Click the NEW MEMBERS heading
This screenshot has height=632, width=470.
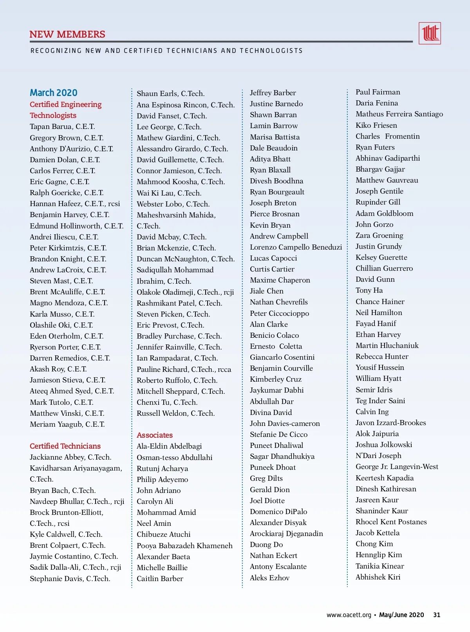click(x=67, y=34)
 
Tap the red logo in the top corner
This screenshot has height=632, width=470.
click(x=430, y=33)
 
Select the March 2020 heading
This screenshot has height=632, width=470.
click(x=54, y=93)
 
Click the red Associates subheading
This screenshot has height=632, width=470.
click(x=155, y=435)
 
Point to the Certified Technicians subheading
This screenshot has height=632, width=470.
click(x=65, y=446)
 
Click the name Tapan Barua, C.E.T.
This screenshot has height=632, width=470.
click(x=62, y=127)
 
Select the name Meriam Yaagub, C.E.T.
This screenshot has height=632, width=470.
click(x=67, y=424)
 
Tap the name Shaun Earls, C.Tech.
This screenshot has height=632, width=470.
click(x=170, y=94)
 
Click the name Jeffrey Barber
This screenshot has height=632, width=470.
click(x=273, y=93)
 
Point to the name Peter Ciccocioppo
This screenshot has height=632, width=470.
click(x=279, y=313)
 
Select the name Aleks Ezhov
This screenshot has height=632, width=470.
click(x=269, y=578)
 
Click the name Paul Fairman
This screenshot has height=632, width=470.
click(x=378, y=92)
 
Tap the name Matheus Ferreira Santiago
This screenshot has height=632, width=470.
click(x=399, y=114)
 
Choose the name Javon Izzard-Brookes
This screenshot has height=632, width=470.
click(x=390, y=422)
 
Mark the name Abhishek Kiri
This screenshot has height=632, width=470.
click(x=378, y=577)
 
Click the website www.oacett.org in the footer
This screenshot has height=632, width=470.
click(x=349, y=615)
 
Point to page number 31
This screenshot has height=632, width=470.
click(x=437, y=615)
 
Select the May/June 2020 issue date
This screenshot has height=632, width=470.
click(x=401, y=615)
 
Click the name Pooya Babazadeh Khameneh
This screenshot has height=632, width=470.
click(x=184, y=545)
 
